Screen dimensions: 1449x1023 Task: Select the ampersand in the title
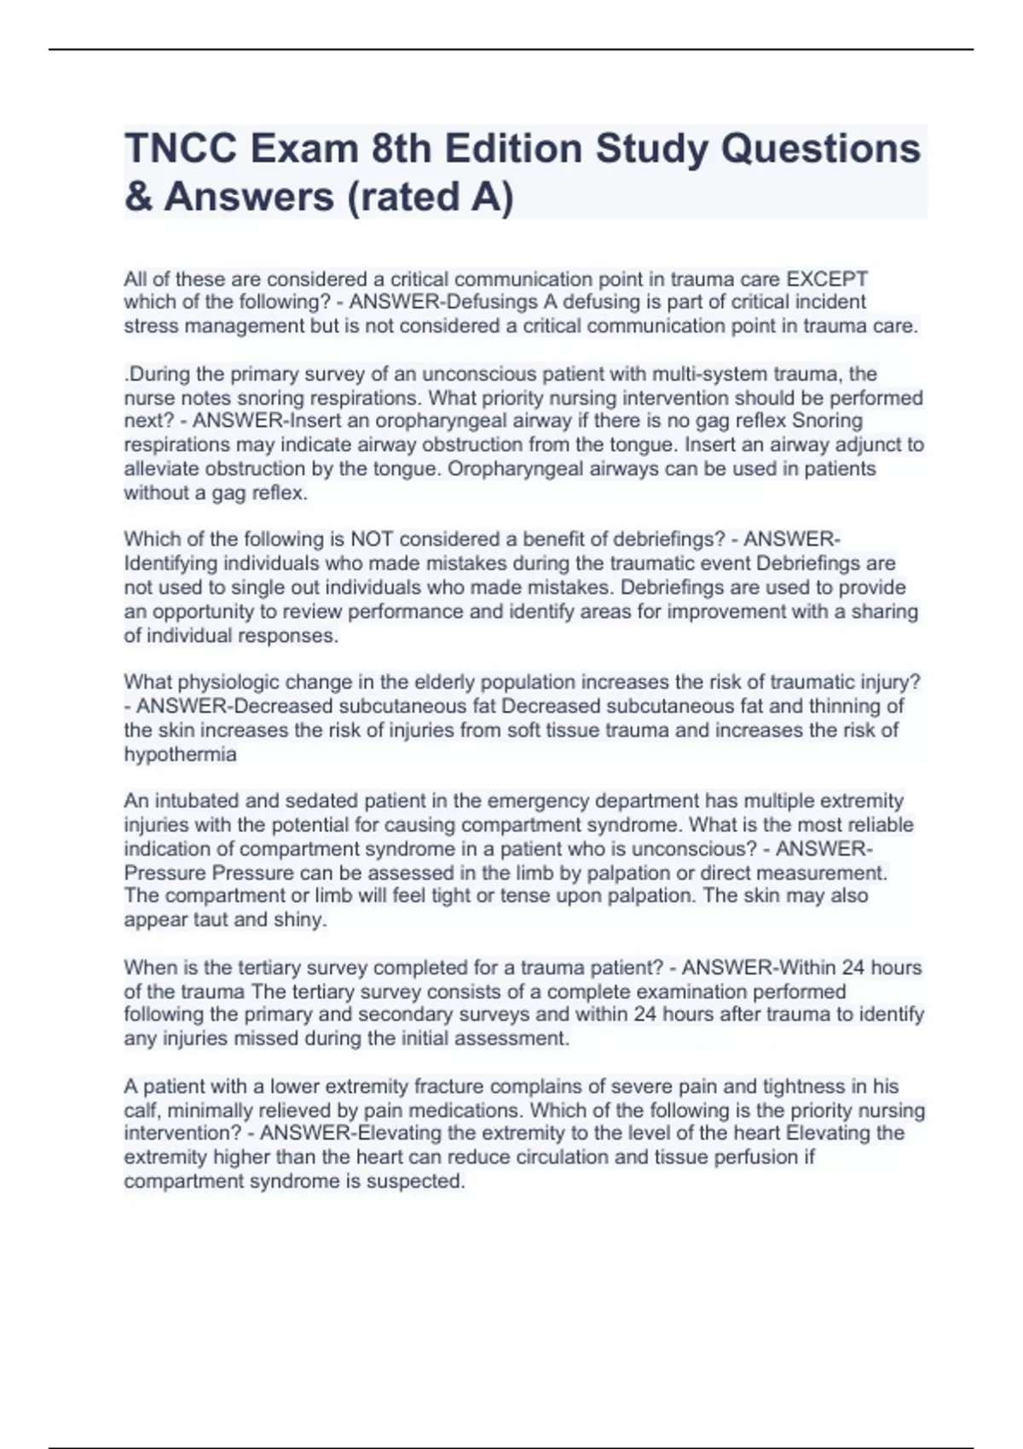click(137, 197)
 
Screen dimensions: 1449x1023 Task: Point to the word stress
click(148, 326)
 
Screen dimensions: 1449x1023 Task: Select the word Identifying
click(170, 563)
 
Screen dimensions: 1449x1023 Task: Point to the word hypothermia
click(180, 754)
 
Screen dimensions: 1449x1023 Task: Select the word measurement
click(822, 873)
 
